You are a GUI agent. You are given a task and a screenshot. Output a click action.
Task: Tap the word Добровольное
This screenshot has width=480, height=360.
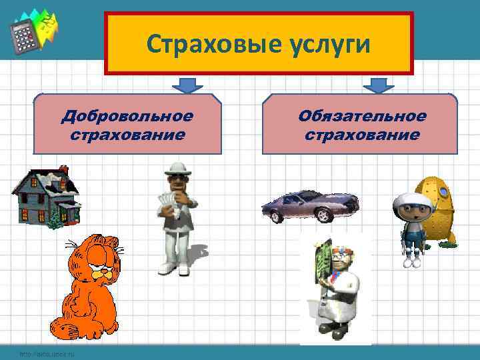tap(127, 116)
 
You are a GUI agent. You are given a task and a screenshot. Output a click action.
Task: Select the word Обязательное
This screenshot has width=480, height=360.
tap(362, 116)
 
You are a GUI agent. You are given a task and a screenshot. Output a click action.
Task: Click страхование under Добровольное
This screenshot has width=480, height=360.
tap(127, 135)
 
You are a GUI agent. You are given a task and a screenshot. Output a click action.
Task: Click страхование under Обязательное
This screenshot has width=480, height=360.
tap(362, 135)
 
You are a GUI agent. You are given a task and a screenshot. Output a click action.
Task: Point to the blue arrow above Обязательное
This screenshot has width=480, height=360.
tap(379, 86)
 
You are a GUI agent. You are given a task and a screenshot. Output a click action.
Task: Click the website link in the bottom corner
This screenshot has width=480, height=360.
tap(47, 353)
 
